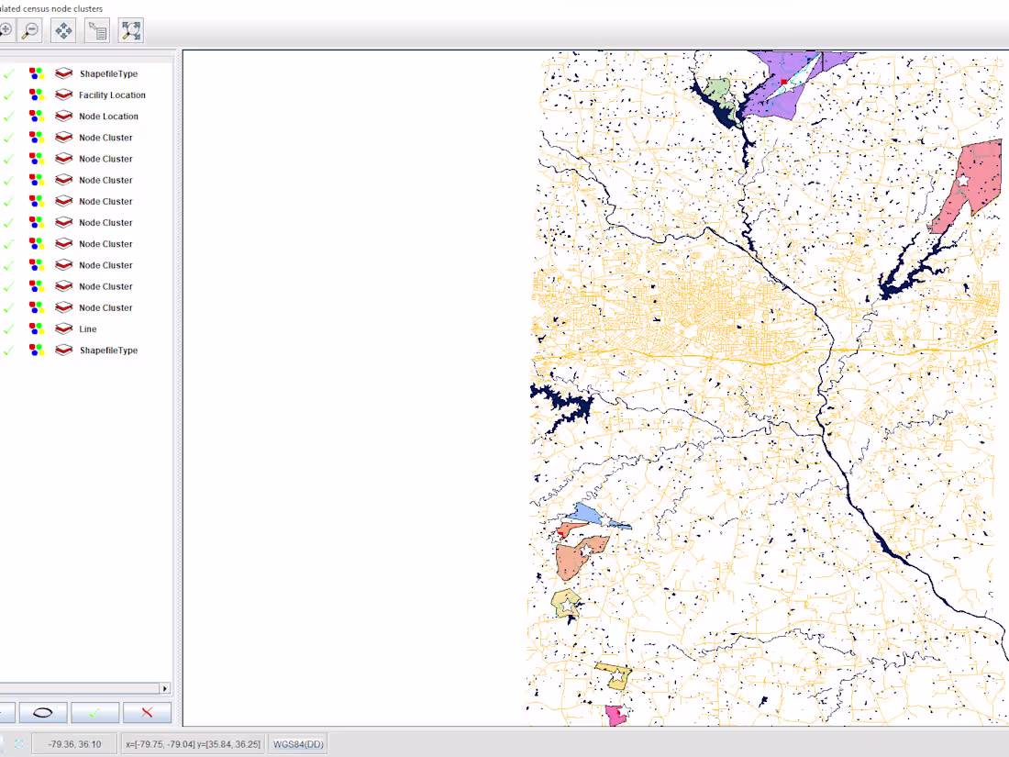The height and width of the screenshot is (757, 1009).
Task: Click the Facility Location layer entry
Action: pyautogui.click(x=112, y=95)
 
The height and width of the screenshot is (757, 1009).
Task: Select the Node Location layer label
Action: pyautogui.click(x=108, y=117)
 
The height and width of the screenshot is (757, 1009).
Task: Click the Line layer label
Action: pyautogui.click(x=88, y=329)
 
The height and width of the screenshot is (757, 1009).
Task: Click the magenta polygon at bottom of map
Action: pyautogui.click(x=614, y=716)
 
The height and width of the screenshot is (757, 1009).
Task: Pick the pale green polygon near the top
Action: pyautogui.click(x=718, y=89)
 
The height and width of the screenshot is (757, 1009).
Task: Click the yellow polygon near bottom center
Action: pyautogui.click(x=614, y=676)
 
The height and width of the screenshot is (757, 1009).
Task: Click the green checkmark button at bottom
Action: pyautogui.click(x=95, y=712)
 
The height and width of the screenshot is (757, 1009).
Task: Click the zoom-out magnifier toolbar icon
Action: pyautogui.click(x=30, y=30)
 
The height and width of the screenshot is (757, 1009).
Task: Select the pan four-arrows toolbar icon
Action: pyautogui.click(x=63, y=30)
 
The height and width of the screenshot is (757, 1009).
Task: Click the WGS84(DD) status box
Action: pyautogui.click(x=296, y=744)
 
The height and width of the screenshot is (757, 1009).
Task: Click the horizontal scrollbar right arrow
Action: pyautogui.click(x=165, y=688)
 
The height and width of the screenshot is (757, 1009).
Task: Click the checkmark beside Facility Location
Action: pyautogui.click(x=8, y=95)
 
